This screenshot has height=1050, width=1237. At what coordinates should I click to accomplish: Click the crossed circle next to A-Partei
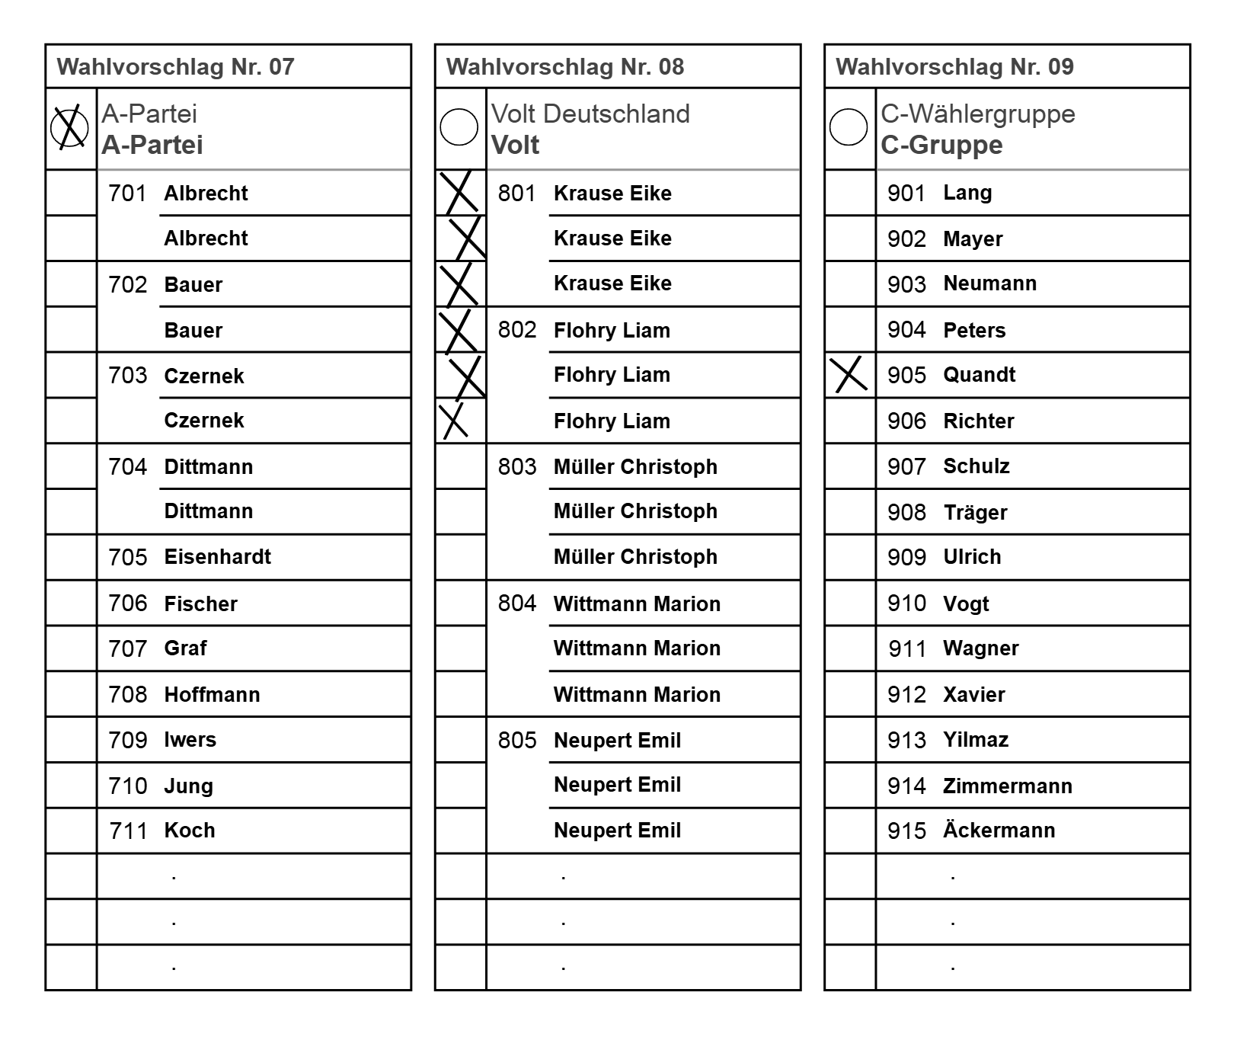coord(69,127)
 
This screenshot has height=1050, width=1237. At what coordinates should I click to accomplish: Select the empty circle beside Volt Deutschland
coord(459,126)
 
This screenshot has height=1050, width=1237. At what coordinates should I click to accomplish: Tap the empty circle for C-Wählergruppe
coord(849,126)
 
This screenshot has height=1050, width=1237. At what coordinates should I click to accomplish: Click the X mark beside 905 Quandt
coord(850,374)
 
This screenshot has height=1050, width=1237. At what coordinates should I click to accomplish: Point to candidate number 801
coord(517,193)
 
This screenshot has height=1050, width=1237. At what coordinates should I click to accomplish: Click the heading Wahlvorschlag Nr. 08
coord(565,67)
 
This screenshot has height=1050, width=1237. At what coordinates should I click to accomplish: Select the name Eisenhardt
coord(217,557)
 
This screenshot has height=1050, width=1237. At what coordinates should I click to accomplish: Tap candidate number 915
coord(906,831)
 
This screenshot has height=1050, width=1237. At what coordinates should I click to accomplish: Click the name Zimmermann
coord(1007,786)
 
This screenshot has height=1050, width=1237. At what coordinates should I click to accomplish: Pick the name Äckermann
coord(999,830)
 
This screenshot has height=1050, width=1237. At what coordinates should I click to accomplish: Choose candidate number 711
coord(128,831)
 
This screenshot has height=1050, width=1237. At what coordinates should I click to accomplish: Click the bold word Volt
coord(515,145)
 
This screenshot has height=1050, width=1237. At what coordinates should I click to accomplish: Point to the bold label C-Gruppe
coord(941,145)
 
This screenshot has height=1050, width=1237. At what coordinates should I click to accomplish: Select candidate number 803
coord(517,466)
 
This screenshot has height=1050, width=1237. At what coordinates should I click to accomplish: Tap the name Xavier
coord(973,694)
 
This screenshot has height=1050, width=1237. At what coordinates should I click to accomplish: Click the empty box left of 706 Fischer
coord(72,603)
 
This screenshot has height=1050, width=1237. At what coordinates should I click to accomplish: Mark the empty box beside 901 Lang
coord(850,193)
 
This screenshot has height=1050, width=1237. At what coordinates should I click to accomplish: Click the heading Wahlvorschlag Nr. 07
coord(175,67)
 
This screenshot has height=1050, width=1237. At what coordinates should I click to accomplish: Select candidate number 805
coord(517,740)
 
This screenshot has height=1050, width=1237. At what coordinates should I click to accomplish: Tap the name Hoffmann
coord(212,694)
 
